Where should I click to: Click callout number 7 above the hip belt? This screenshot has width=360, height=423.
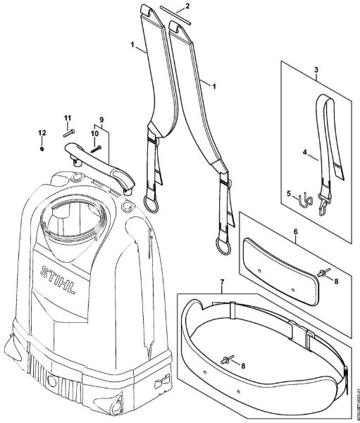[222, 284]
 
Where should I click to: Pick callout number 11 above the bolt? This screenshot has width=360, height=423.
[68, 117]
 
